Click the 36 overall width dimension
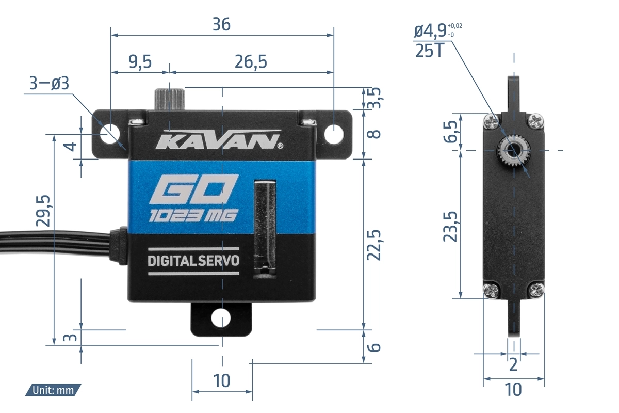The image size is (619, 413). (221, 24)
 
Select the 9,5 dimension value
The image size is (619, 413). (140, 61)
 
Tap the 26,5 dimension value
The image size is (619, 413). (251, 61)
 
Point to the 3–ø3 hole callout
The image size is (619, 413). (49, 83)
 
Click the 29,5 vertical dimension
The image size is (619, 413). (43, 211)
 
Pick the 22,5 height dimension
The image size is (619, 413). (373, 245)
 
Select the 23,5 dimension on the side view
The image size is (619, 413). (450, 227)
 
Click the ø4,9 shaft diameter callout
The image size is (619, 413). (438, 30)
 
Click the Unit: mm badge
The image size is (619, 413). (53, 390)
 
